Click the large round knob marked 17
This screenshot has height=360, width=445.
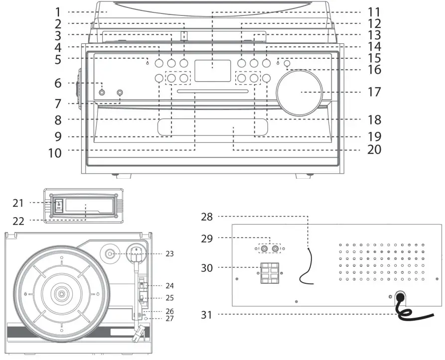(x=300, y=93)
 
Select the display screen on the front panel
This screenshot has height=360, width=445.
(x=213, y=71)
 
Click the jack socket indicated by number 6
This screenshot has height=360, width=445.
(x=102, y=92)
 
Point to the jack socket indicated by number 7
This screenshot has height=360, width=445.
(x=120, y=93)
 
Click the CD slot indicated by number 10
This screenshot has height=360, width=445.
(x=195, y=92)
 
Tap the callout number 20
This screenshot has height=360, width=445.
(x=374, y=149)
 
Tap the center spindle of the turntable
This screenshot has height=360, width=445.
(x=61, y=294)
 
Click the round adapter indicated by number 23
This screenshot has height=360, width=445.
(x=111, y=254)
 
